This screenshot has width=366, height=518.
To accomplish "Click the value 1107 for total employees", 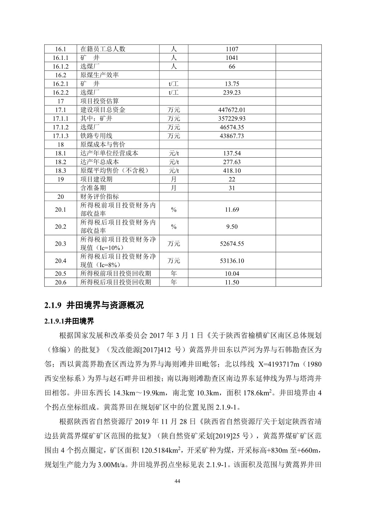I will pyautogui.click(x=232, y=49).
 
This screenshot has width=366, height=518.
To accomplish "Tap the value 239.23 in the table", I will pyautogui.click(x=232, y=93).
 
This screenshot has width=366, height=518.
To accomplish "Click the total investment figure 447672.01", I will pyautogui.click(x=232, y=110).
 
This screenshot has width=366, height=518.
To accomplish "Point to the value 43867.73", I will pyautogui.click(x=232, y=136).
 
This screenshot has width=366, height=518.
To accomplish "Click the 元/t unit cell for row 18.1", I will pyautogui.click(x=174, y=153).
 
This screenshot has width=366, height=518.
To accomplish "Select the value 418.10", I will pyautogui.click(x=232, y=171).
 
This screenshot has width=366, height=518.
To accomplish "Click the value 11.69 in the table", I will pyautogui.click(x=232, y=210).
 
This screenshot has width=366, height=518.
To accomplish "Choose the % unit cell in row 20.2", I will pyautogui.click(x=174, y=227).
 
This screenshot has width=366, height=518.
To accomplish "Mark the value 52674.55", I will pyautogui.click(x=232, y=244).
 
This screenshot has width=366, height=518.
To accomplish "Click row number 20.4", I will pyautogui.click(x=60, y=261).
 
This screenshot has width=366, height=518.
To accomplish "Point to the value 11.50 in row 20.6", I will pyautogui.click(x=232, y=282).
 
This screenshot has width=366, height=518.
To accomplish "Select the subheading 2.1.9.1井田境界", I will pyautogui.click(x=69, y=321).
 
